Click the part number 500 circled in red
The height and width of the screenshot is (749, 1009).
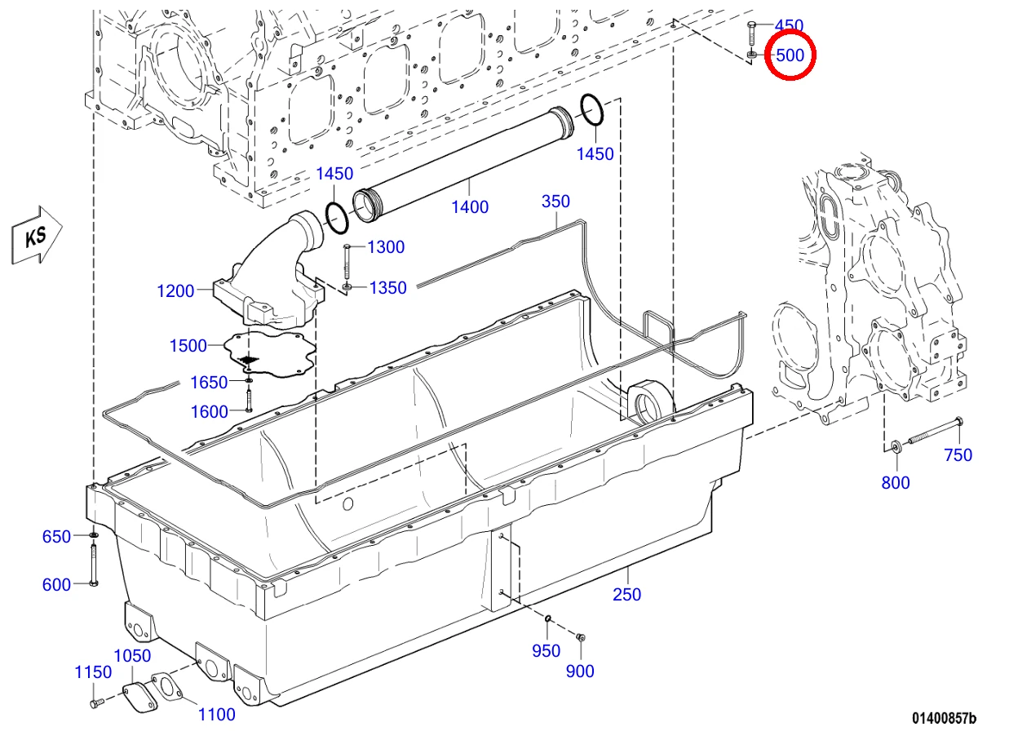coord(790,55)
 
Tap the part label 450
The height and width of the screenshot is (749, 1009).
coord(790,25)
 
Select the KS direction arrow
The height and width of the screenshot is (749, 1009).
coord(37,235)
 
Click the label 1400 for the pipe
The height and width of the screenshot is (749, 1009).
coord(470,207)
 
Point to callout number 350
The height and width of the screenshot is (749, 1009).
coord(555,202)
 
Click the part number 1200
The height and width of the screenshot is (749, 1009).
coord(175,291)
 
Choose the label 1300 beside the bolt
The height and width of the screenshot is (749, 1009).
coord(386,247)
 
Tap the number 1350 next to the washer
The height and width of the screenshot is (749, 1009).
coord(387,288)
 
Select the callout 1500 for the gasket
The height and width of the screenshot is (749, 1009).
coord(188,346)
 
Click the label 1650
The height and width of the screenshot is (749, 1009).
coord(209,383)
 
